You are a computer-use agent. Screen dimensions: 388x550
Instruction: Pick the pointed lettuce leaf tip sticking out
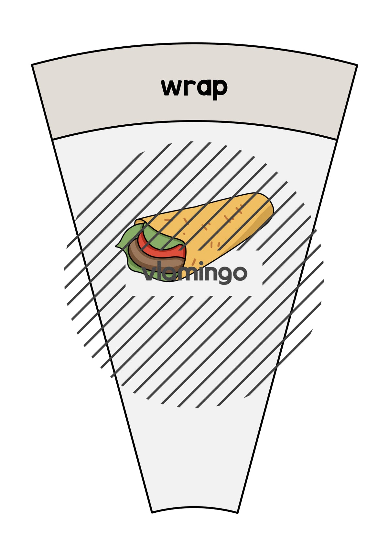click(117, 246)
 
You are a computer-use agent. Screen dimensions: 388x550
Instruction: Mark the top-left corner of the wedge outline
click(32, 65)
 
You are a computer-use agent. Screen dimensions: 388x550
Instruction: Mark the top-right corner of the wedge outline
click(357, 65)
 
